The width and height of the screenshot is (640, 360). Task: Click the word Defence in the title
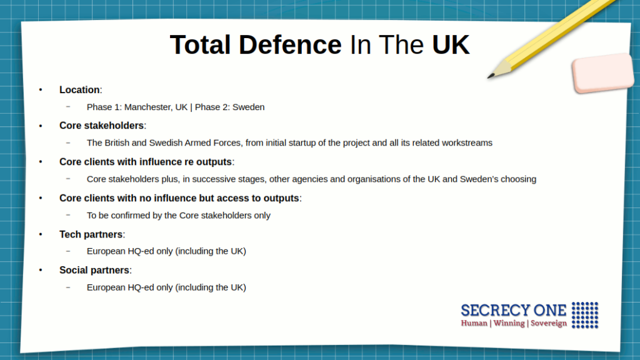[x=290, y=44]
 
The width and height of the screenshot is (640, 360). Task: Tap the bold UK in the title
[x=451, y=44]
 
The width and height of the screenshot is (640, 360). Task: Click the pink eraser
[x=603, y=72]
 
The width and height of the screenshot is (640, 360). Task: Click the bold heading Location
[x=79, y=90]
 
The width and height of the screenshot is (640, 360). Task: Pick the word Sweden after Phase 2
[x=249, y=107]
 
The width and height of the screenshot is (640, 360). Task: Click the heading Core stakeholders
[x=101, y=125]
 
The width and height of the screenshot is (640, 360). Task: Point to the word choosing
[x=519, y=179]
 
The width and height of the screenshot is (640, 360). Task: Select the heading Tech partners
[x=91, y=234]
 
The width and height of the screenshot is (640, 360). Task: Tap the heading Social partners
[x=94, y=270]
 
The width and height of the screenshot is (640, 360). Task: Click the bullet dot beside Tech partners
[x=41, y=234]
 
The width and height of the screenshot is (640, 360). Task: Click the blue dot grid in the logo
[x=585, y=315]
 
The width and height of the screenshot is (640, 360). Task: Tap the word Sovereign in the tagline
[x=549, y=323]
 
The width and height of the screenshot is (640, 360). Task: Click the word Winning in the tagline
[x=509, y=323]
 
